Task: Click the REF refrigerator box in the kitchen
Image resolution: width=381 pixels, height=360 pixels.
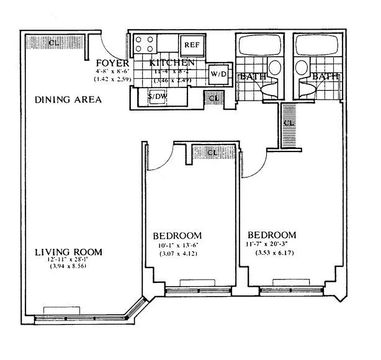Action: point(193,45)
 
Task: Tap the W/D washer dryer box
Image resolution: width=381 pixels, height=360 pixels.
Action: point(218,74)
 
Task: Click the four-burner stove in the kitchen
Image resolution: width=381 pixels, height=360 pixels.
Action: point(145,44)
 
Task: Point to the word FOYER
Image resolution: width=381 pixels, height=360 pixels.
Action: point(112,63)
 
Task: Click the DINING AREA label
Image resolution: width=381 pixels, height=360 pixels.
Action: point(68,99)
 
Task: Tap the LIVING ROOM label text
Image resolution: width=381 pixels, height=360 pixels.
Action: point(68,252)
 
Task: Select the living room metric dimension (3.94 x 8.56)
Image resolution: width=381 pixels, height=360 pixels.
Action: point(68,266)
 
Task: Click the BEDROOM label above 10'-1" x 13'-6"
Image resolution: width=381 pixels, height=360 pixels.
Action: point(177,236)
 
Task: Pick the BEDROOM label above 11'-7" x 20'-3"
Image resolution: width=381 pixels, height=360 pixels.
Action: point(272,235)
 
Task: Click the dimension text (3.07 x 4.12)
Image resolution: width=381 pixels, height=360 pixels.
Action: point(177,254)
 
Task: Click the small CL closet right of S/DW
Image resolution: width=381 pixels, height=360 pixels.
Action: point(214,98)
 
